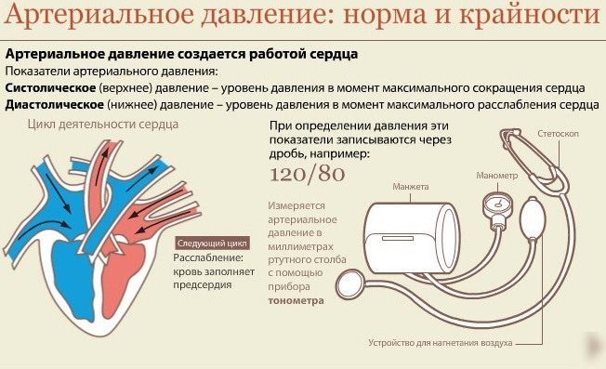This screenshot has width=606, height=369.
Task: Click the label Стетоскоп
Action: (558, 134)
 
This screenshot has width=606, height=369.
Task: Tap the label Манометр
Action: (496, 176)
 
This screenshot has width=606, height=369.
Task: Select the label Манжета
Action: (411, 187)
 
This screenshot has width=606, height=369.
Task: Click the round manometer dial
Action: (498, 204)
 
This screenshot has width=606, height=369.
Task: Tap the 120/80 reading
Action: (307, 174)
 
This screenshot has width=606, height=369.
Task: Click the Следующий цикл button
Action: (212, 244)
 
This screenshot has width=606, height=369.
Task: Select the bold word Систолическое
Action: (50, 88)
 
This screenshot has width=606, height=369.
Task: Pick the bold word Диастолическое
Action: (55, 105)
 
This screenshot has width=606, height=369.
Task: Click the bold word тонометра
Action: (296, 300)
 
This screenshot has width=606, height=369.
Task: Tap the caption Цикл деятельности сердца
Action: (103, 125)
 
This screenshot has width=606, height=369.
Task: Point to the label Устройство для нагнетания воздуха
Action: (441, 343)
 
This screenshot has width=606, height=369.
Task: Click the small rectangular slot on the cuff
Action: (398, 238)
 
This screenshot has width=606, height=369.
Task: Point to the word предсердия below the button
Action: (202, 285)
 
